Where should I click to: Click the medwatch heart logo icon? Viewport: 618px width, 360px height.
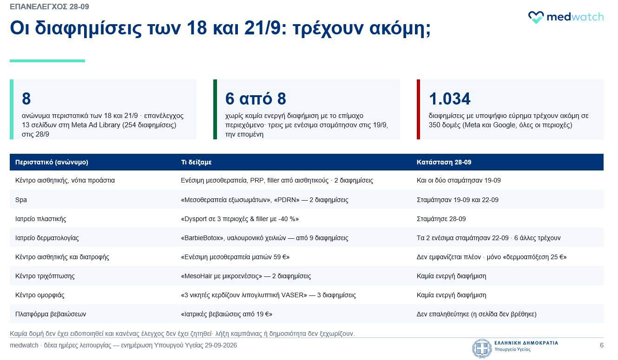pos(536,17)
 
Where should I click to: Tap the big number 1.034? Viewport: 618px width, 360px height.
pos(449,99)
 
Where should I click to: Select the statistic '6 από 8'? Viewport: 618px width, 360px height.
pos(256,99)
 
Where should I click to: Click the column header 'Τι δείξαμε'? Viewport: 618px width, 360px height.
pos(196,162)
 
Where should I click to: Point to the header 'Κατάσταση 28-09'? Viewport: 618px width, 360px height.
pos(444,162)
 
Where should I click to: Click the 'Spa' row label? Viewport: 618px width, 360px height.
pos(21,200)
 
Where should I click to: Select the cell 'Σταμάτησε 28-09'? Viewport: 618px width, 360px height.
pos(441,219)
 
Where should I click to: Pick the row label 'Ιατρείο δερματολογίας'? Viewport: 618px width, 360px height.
pos(47,238)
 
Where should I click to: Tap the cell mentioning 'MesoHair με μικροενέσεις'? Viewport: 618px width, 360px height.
pos(246,276)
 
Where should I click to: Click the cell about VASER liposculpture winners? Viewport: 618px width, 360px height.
pos(268,295)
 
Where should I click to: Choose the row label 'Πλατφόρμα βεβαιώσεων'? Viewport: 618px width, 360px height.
pos(51,314)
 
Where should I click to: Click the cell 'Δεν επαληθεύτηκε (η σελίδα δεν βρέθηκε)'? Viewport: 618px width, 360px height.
pos(476,314)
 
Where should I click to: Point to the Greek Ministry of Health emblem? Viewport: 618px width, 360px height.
pos(482,348)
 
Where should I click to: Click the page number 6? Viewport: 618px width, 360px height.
pos(601,346)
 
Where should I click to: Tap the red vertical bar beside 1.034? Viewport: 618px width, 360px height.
pos(418,109)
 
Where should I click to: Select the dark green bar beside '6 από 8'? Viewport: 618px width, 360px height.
pos(215,109)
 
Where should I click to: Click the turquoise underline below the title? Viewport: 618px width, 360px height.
pos(47,61)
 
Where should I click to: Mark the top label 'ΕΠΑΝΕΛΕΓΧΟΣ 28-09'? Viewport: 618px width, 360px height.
pos(49,7)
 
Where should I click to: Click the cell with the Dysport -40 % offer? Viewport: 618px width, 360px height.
pos(240,219)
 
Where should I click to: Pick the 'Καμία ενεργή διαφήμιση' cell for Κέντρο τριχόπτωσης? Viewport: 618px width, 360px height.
pos(451,276)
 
